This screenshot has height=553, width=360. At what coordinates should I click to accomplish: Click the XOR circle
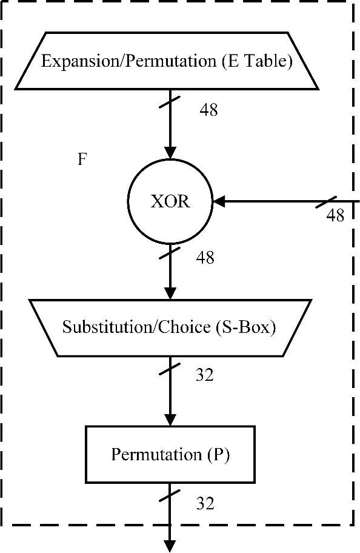(170, 202)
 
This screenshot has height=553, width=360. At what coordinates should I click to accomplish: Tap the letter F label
(82, 159)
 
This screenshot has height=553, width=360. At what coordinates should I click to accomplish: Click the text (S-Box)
(245, 327)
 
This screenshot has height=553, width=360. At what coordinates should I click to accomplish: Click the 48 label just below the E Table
(208, 110)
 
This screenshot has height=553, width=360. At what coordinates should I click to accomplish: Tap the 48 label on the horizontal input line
(335, 215)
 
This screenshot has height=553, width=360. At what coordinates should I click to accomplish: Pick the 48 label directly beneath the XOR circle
(205, 258)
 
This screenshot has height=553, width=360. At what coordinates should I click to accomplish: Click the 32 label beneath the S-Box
(205, 375)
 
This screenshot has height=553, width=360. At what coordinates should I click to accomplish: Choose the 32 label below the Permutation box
(205, 503)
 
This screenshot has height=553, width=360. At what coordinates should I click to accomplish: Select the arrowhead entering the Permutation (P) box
(170, 421)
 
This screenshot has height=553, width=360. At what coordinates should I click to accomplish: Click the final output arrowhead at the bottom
(170, 547)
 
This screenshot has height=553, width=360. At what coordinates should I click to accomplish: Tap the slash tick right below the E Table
(170, 101)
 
